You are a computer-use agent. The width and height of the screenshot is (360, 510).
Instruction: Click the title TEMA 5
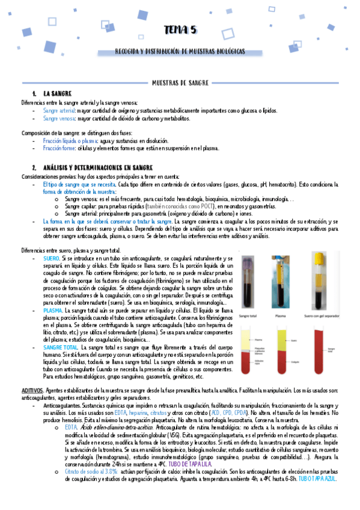(180, 30)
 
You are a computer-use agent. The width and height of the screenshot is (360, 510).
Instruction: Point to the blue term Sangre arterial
(59, 111)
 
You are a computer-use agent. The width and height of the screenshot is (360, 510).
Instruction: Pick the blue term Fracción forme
(59, 147)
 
